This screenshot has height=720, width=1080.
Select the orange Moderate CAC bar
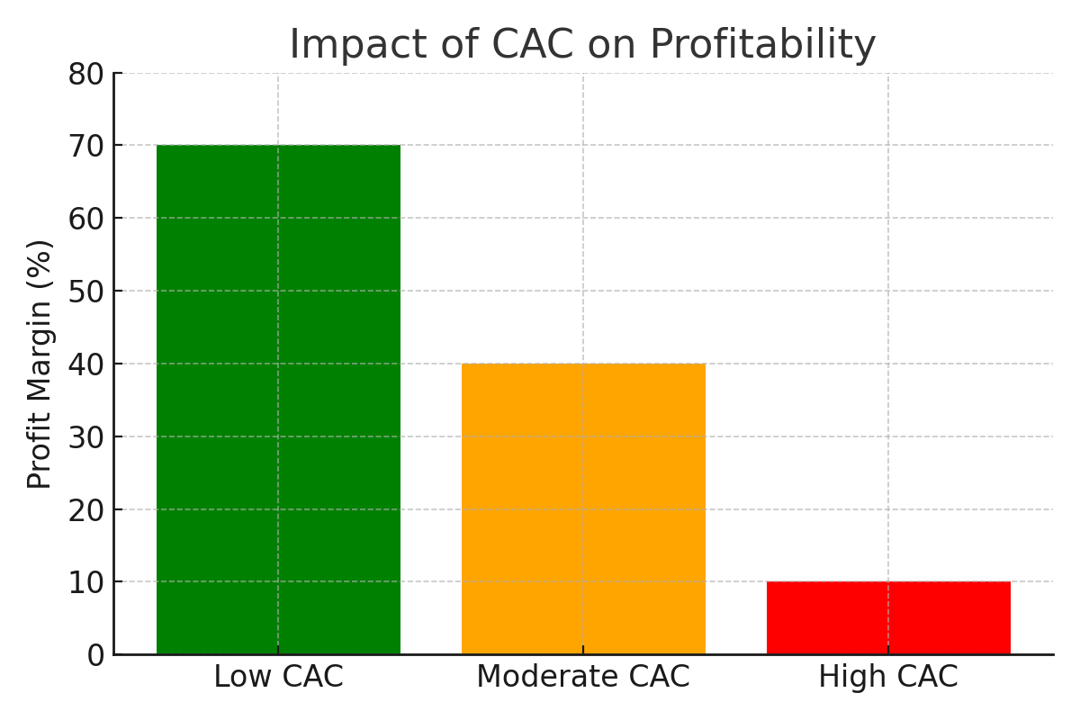click(583, 508)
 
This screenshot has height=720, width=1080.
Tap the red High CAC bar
click(888, 617)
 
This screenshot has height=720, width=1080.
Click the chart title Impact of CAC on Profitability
click(582, 45)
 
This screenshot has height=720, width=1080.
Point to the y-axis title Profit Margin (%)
click(40, 364)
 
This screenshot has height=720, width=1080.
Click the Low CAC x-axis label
click(278, 677)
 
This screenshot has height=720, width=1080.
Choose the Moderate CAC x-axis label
click(583, 677)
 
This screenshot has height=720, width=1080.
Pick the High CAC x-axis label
click(888, 677)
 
